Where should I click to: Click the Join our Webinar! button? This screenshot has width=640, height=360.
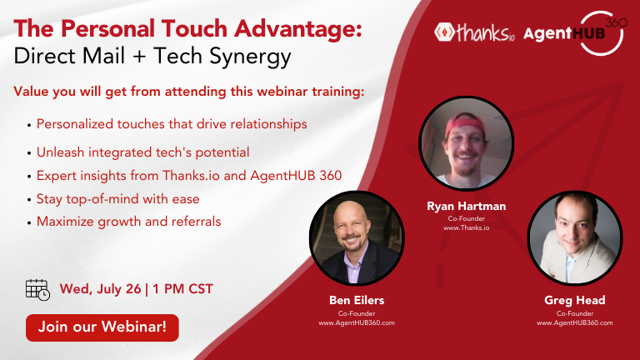(x=102, y=327)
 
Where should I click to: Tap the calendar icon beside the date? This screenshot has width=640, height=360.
(x=37, y=290)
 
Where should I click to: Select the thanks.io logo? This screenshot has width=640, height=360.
(x=474, y=32)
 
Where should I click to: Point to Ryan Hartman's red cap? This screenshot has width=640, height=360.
(x=465, y=123)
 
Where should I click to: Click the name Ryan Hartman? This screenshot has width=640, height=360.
(x=466, y=206)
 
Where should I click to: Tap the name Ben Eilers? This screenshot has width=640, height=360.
(x=357, y=300)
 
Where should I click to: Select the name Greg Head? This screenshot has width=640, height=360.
(x=575, y=300)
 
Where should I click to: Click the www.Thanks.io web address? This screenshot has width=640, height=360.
(x=466, y=227)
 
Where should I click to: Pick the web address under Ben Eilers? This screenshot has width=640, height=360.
(x=357, y=322)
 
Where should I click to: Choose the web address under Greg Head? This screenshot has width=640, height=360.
(x=575, y=322)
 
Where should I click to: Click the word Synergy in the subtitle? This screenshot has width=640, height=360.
(x=251, y=57)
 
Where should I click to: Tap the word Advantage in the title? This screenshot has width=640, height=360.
(x=298, y=29)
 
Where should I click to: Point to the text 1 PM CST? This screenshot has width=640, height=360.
(x=182, y=289)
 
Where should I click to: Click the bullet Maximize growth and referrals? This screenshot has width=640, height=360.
(x=128, y=222)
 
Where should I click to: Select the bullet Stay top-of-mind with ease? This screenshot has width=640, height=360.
(x=118, y=199)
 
